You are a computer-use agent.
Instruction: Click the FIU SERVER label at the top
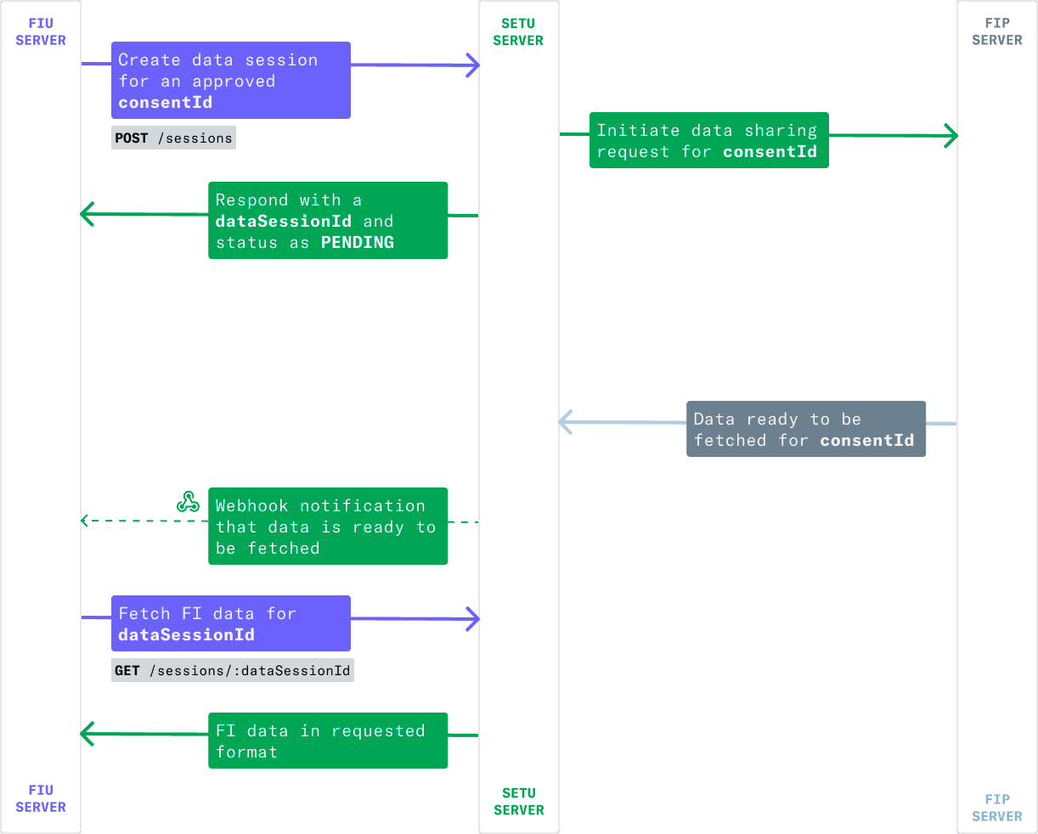tap(41, 31)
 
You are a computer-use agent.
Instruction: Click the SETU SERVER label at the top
tap(518, 31)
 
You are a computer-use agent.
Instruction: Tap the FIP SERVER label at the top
tap(997, 31)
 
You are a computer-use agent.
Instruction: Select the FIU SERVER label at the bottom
tap(41, 798)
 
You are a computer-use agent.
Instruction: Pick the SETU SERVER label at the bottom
tap(518, 801)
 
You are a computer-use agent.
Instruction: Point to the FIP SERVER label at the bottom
tap(997, 808)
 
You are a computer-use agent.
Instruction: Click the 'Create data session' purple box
tap(231, 80)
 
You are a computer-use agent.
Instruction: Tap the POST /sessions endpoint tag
tap(173, 138)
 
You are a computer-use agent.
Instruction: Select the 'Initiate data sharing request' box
tap(709, 140)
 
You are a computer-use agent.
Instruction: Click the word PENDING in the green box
tap(358, 242)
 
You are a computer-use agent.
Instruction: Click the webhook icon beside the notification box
tap(188, 502)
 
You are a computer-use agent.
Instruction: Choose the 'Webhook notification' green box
tap(328, 527)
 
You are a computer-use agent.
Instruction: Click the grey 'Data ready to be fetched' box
tap(806, 429)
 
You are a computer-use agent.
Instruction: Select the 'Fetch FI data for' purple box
tap(231, 623)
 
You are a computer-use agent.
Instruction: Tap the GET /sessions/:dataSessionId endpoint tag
tap(233, 670)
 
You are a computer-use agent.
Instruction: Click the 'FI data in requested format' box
tap(328, 741)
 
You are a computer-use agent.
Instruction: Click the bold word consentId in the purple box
tap(166, 102)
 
